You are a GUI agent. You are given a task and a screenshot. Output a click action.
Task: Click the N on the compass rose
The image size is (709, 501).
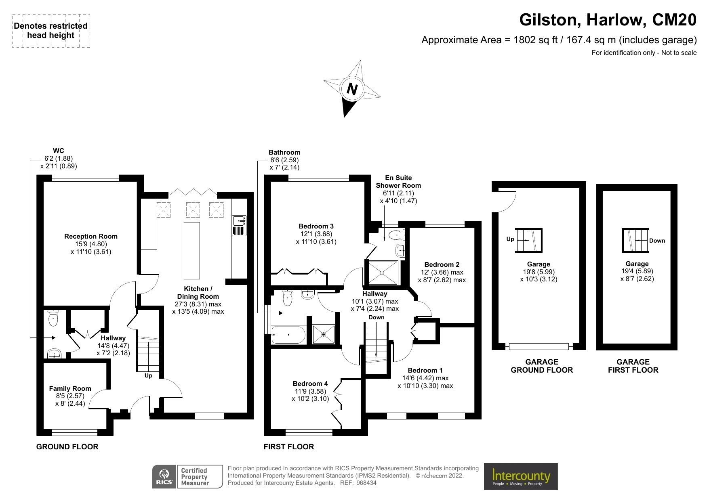pos(352,89)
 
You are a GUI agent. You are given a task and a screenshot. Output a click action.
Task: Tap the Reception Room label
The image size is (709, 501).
pos(91,236)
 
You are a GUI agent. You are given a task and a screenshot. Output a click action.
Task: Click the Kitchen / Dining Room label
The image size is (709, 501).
pos(198,292)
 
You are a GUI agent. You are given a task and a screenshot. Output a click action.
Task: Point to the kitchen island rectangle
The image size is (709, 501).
pos(191,250)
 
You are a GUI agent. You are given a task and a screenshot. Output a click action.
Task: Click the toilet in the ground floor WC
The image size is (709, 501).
pos(53,319)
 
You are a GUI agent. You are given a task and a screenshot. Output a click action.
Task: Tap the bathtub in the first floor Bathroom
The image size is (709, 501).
pos(288,335)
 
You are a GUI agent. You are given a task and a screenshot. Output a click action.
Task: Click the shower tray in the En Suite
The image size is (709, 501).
pos(382,273)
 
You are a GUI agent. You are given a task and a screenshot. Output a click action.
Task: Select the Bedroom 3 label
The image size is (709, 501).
pos(316,226)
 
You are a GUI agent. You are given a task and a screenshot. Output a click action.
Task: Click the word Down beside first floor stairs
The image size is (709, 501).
pos(376,317)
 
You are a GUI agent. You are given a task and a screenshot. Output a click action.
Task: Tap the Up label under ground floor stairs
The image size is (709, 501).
pos(148,375)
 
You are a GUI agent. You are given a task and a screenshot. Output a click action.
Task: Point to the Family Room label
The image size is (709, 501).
pos(70,388)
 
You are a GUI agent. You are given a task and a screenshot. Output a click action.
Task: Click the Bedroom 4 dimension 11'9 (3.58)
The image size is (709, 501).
pos(310,391)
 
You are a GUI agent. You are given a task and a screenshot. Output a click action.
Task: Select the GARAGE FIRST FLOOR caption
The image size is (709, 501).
pos(633,366)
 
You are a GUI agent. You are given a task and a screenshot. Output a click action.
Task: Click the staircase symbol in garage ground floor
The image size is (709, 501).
pos(528,241)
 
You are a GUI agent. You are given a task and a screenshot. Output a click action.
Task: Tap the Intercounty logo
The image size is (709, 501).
pos(520,476)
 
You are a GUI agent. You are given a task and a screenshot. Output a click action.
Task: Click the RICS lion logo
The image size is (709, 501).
pos(164,476)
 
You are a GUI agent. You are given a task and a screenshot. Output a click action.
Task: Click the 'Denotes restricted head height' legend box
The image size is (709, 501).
pos(51,31)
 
